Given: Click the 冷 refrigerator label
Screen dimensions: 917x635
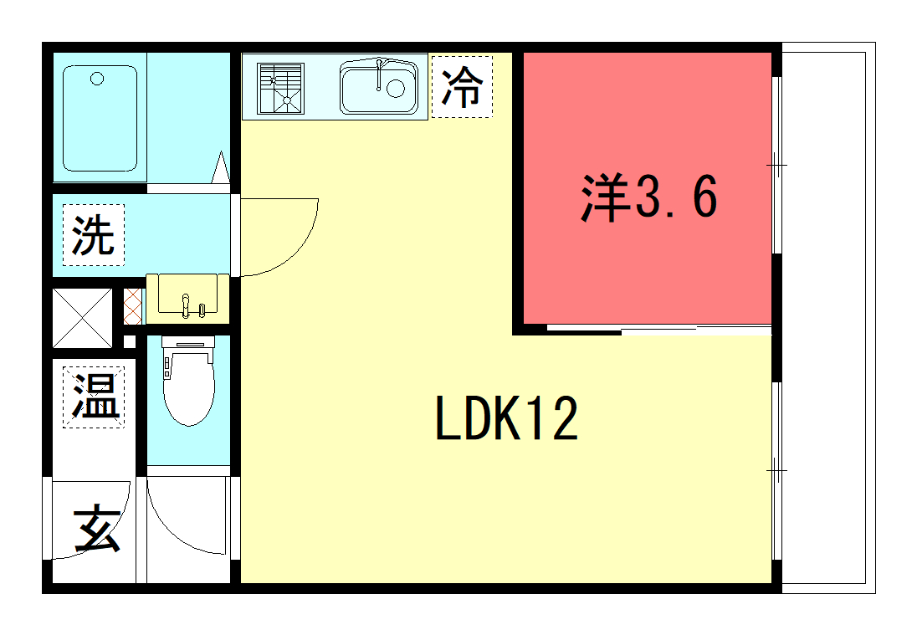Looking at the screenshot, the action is [462, 86].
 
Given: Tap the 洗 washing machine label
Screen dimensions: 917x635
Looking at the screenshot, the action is [93, 235].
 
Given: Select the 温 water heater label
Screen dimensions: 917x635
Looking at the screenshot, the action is [94, 397].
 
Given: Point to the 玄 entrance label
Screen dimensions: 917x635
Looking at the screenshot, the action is [97, 530].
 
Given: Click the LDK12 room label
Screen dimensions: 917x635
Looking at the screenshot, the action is [507, 417].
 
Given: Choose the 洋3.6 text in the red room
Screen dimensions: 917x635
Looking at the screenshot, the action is [648, 197].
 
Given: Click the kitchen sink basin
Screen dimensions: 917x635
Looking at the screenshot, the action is [379, 88].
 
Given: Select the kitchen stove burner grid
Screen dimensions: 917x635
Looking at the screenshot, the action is [281, 88].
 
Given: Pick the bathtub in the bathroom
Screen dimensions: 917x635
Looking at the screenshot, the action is [100, 118].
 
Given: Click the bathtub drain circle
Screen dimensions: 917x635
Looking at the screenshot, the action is [97, 79].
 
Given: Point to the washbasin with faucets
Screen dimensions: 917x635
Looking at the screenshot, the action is [187, 298].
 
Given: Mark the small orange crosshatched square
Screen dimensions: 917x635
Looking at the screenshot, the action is [133, 306].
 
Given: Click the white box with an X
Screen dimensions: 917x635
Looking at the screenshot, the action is [82, 318].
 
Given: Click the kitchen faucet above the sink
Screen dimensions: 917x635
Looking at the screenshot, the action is [380, 74].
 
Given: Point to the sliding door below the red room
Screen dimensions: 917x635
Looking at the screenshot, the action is [659, 329].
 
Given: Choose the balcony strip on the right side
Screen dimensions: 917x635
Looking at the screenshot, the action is [828, 318].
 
